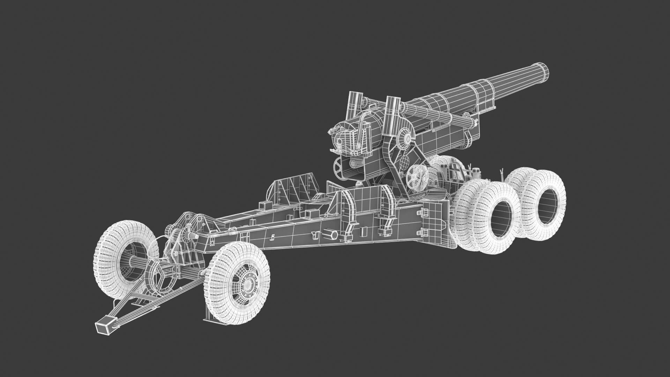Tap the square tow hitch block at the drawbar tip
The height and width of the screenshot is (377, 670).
coord(104,327)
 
